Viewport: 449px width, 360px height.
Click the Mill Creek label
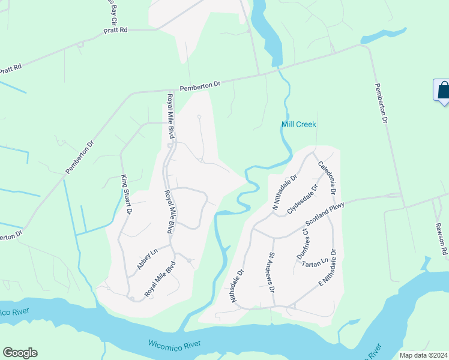point(298,124)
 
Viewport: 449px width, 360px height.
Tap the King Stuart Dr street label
point(126,194)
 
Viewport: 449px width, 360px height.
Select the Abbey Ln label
point(147,259)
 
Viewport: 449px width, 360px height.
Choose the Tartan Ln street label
point(315,262)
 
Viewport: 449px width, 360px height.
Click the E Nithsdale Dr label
point(328,267)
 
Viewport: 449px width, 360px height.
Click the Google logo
point(20,353)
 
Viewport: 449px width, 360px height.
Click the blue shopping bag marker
point(443,91)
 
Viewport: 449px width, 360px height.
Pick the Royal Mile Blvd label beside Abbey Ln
point(160,279)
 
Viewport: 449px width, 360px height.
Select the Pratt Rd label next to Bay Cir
point(115,29)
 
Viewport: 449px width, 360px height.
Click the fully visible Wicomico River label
point(173,345)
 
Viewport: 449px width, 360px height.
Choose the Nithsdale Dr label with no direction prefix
point(237,285)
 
